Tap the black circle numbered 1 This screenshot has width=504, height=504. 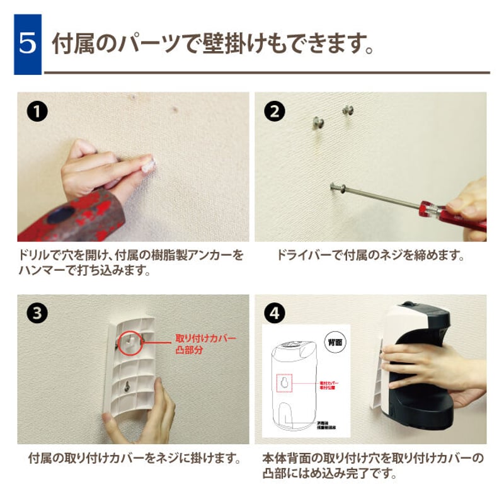click(37, 112)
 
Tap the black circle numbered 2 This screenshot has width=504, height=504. click(274, 112)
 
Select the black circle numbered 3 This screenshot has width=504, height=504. click(37, 314)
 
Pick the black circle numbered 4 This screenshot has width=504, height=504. click(274, 314)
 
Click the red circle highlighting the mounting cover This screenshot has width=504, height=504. click(130, 340)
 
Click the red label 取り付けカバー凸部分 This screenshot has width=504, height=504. click(205, 344)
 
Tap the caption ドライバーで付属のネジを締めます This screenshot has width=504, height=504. click(370, 256)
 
